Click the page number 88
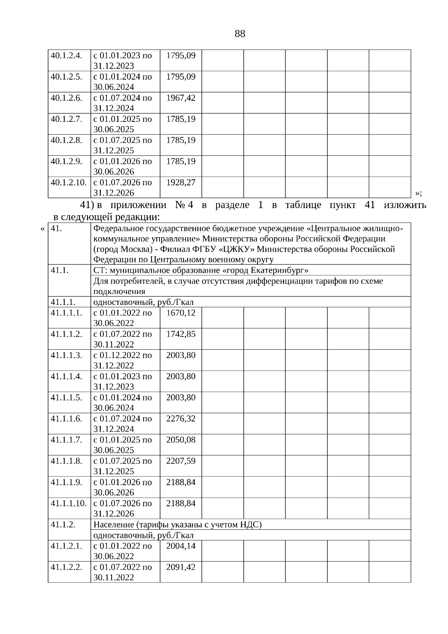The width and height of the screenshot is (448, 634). point(240,34)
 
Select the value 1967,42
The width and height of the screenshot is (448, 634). point(181,98)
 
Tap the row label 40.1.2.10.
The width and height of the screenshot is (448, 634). point(69,183)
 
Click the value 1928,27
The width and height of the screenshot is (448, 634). point(181,183)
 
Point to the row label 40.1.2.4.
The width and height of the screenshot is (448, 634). point(66,56)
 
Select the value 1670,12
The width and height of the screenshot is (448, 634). point(181,313)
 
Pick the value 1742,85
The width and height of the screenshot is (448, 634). point(181,334)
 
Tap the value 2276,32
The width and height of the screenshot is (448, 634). point(181,419)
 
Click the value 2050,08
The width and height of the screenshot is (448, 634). point(181,440)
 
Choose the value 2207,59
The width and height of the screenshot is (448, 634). point(181,461)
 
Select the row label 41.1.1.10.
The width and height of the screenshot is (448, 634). point(69,503)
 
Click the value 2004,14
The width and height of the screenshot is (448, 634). point(181,546)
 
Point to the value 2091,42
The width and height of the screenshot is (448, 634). point(181,567)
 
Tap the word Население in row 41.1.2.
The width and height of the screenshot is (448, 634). point(114,525)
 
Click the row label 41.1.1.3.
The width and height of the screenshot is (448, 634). point(66,355)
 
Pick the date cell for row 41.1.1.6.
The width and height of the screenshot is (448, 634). point(123,424)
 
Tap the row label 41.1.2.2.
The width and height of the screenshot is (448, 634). point(66,567)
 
